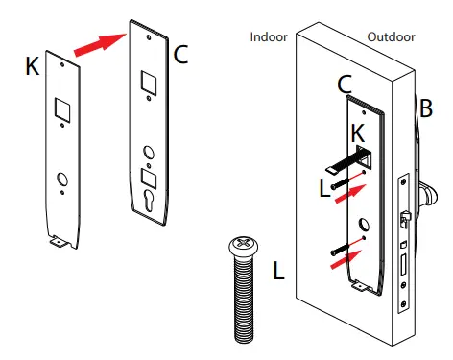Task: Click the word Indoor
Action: [270, 37]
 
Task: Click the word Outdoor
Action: [391, 37]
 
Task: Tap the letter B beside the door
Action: [425, 109]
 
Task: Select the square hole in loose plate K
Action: [60, 110]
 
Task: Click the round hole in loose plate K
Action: [61, 179]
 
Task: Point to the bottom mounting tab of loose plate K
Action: [60, 245]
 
